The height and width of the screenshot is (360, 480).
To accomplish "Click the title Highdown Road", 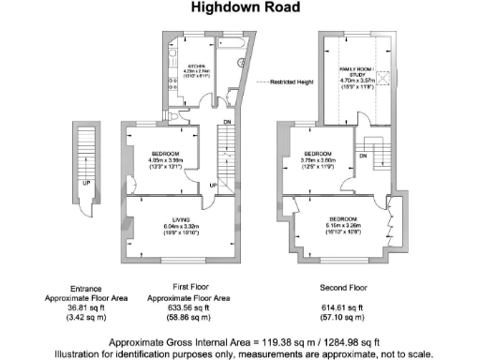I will click(x=240, y=8).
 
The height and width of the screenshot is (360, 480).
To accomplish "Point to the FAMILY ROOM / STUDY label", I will click(x=356, y=70).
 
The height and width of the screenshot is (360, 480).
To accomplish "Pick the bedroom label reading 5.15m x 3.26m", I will click(x=336, y=218).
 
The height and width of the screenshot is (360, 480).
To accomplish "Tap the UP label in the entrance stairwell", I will click(x=86, y=183).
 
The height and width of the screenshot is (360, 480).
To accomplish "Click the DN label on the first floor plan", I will click(x=228, y=121).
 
